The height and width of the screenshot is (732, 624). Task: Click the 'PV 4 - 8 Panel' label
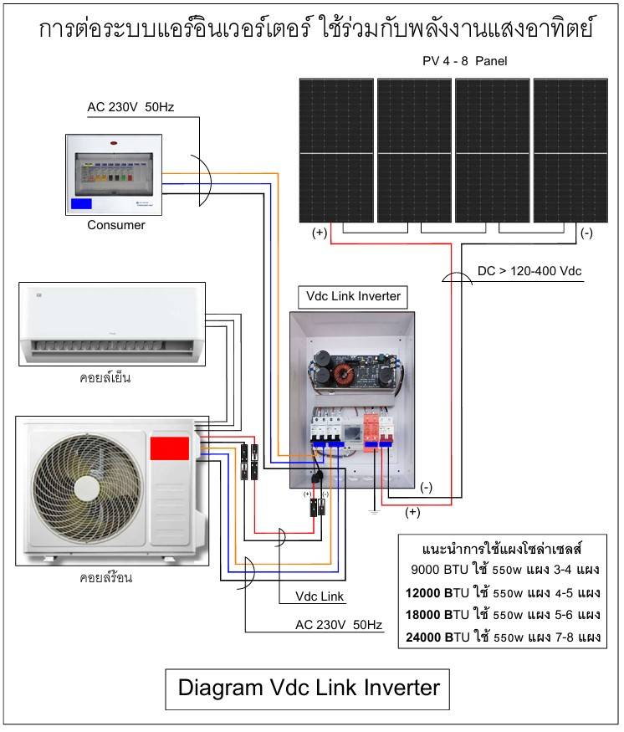pos(464,61)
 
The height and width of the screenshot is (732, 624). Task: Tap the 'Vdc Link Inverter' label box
pos(350,295)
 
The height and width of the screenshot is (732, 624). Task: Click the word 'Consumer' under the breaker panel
pos(116,224)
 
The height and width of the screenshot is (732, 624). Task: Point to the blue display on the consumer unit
pos(82,203)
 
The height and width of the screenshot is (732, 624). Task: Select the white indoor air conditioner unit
pos(111,325)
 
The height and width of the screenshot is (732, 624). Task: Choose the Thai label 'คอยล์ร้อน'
pos(107,577)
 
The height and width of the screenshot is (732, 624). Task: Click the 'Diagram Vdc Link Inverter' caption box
pos(309,688)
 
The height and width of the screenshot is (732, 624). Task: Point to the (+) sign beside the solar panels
pos(320,233)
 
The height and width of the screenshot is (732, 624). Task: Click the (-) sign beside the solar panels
pos(586,233)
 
